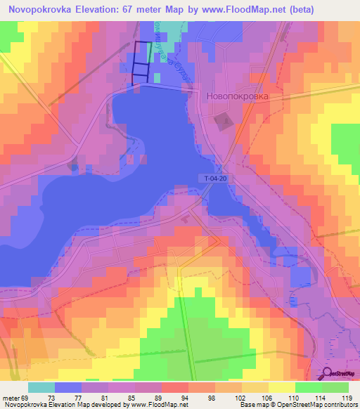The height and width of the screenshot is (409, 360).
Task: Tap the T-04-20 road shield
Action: point(215,178)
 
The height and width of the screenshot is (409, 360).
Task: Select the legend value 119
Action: point(345,397)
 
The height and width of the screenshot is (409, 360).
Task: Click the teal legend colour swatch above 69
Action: point(41,387)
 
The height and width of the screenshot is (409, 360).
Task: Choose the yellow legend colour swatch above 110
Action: point(281,387)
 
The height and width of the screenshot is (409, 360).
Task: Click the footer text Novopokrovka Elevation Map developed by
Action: point(63,405)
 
